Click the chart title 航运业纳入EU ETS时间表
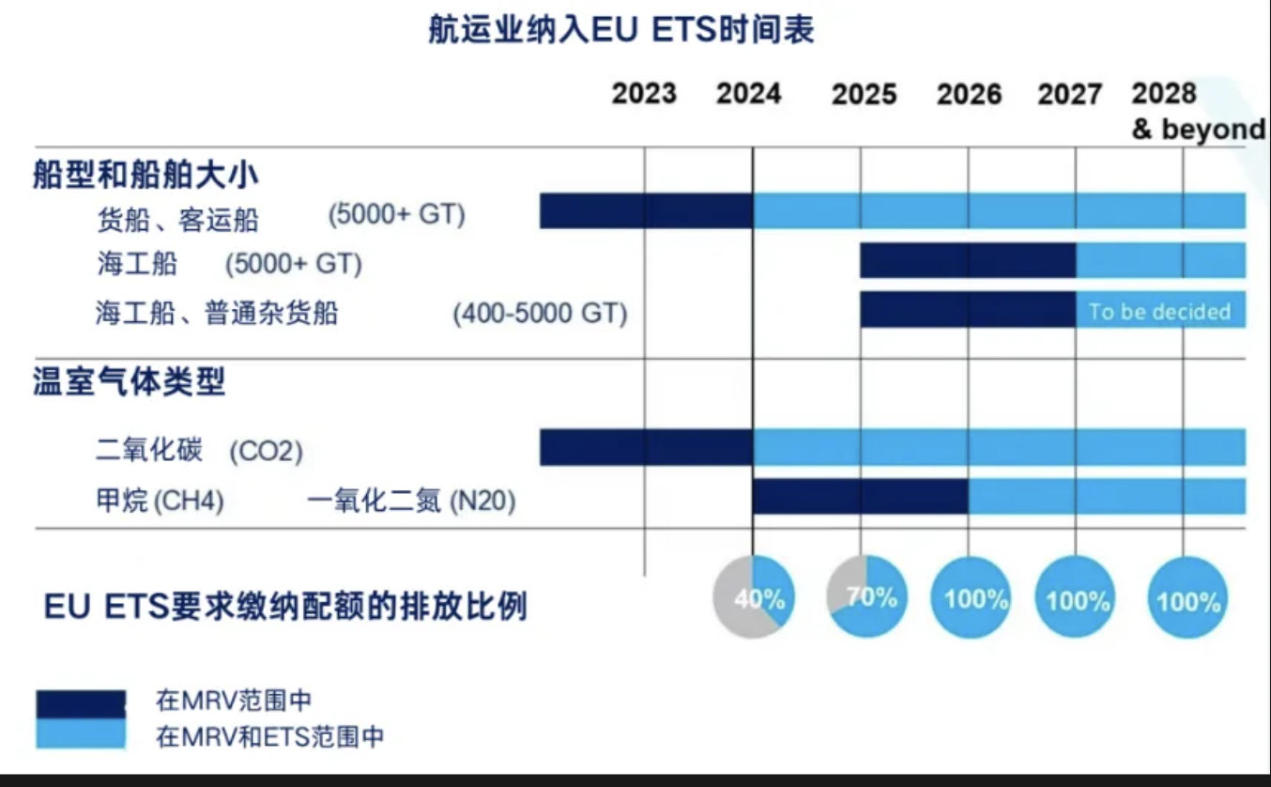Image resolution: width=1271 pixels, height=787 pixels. tap(620, 30)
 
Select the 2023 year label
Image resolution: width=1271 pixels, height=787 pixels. tap(644, 94)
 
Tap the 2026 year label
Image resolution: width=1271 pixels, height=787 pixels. tap(969, 94)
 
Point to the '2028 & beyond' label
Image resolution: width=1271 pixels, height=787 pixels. tap(1197, 110)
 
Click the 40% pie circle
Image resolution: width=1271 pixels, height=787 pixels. tap(754, 597)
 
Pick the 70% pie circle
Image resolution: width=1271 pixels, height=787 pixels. tap(866, 597)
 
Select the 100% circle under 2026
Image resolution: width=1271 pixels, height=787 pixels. tap(972, 598)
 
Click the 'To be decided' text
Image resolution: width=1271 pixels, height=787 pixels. tap(1159, 312)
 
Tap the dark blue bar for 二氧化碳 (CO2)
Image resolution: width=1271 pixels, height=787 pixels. tap(646, 447)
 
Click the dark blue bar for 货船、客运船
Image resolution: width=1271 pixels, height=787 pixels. tap(646, 210)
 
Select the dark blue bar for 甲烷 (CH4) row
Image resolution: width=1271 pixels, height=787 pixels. tap(860, 497)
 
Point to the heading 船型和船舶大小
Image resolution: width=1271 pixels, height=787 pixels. tap(145, 175)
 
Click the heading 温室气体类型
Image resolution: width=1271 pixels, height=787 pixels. tap(130, 383)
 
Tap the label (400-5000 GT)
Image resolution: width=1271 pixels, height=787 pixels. tap(540, 313)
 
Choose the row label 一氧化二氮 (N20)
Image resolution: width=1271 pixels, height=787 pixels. tap(411, 502)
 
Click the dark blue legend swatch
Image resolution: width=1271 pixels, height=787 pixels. tap(81, 704)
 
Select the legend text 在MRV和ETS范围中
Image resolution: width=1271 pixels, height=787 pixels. tap(270, 735)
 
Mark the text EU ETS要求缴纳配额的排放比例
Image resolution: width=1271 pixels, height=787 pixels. tap(285, 607)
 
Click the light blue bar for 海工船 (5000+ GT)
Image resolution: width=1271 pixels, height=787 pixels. tap(1159, 260)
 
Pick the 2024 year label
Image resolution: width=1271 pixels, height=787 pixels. tap(748, 94)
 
